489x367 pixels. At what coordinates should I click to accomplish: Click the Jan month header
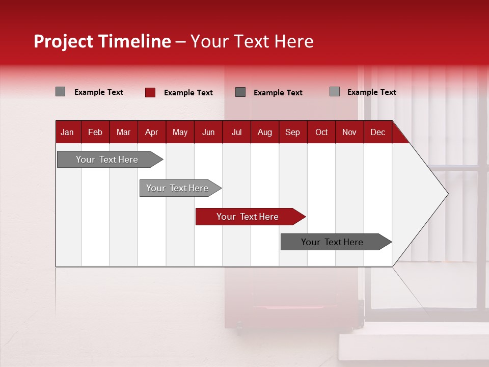(68, 132)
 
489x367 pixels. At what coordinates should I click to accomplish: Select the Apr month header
(152, 132)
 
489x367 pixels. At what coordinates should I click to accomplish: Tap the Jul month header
(236, 132)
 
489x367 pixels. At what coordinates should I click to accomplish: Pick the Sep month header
(292, 132)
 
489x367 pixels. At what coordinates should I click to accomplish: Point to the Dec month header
(377, 132)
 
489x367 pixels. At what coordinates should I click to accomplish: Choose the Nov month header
(349, 132)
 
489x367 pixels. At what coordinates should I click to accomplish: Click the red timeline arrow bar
(250, 217)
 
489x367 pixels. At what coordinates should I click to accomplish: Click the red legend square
(150, 92)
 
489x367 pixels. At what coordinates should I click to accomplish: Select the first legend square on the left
(60, 92)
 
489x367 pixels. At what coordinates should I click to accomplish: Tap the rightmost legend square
(334, 92)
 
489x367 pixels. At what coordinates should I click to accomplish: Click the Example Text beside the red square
(188, 93)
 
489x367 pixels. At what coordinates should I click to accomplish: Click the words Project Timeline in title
(102, 41)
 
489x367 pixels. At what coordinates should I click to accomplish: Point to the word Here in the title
(294, 41)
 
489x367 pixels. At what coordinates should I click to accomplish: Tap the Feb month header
(95, 132)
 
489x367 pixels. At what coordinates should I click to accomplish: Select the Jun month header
(208, 132)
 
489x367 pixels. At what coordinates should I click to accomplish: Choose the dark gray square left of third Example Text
(240, 92)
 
